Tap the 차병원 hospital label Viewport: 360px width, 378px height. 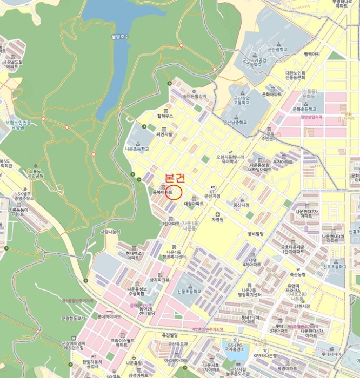pos(217,220)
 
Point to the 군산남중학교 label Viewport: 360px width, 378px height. pos(236,122)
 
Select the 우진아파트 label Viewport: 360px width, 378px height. pos(282,161)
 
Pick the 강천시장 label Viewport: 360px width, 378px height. pos(302,306)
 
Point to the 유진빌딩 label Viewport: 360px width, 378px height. pos(170,334)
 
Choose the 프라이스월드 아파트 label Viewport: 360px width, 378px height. pos(121,341)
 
